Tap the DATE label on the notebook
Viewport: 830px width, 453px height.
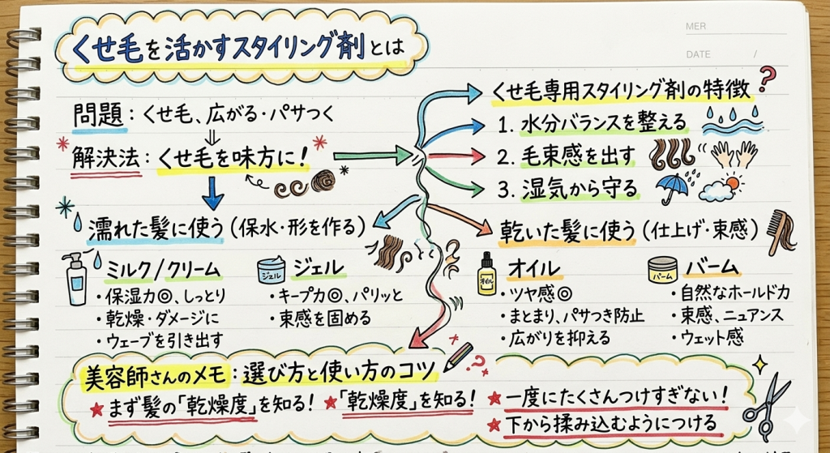pos(698,54)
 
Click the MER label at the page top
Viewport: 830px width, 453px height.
pos(696,27)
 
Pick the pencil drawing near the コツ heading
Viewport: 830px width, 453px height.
pos(459,355)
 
